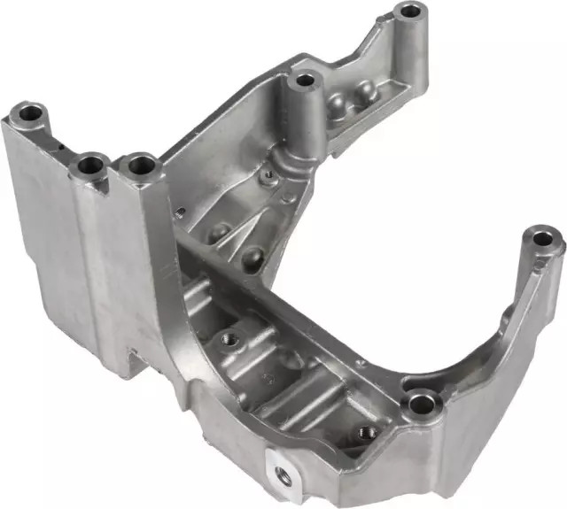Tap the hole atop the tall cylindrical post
pos(305,81)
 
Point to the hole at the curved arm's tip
pos(543,237)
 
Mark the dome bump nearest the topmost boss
pos(364,90)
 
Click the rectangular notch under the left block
pos(134,359)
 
